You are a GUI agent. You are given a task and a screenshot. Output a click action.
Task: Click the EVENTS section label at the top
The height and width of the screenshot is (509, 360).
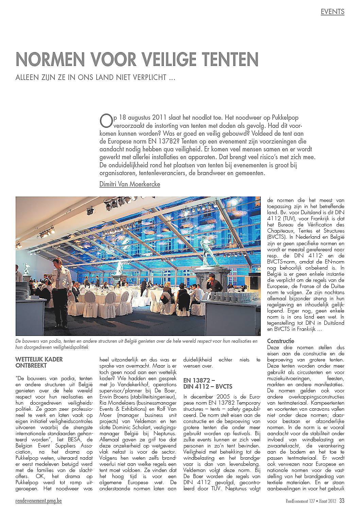coord(332,12)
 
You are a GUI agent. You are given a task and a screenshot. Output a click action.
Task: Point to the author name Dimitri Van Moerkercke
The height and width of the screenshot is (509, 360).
coord(130,184)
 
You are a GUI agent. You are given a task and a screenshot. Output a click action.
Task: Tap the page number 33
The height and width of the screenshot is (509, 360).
coord(342,500)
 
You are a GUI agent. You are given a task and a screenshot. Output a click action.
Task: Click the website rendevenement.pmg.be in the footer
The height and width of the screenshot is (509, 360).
coord(39,500)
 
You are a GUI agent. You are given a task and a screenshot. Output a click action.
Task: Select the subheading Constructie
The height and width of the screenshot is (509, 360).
coord(281,341)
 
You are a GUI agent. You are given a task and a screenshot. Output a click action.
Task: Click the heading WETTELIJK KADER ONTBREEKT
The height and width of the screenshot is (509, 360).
coord(39,362)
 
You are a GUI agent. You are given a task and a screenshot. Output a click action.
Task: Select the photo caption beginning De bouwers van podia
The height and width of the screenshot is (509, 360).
coord(136,344)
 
